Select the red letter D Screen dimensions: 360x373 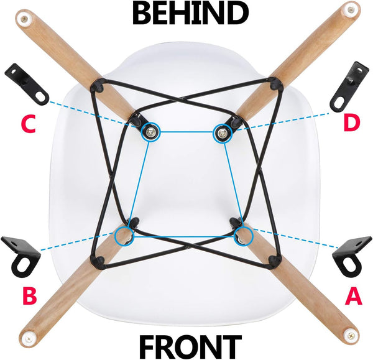(352, 122)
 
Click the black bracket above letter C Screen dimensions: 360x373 (27, 84)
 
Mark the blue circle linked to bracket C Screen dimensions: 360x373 (150, 131)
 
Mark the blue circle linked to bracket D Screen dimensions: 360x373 (223, 131)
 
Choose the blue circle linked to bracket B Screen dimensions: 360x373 (124, 236)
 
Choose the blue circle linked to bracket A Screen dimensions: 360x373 (243, 236)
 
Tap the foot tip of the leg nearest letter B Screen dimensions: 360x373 (27, 339)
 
